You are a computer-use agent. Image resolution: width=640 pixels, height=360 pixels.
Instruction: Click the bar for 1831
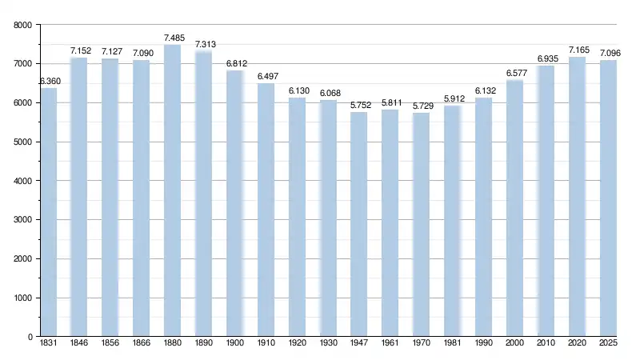48,212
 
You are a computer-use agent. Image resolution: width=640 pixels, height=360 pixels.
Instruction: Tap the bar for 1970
421,225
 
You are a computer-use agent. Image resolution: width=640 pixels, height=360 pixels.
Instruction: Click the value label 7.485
174,38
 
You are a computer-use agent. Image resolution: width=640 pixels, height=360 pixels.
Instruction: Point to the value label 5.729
422,106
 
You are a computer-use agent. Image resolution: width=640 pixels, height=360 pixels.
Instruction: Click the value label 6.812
236,64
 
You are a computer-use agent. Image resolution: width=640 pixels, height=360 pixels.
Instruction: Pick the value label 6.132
485,91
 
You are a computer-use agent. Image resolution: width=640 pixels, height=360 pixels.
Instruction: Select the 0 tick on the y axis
28,338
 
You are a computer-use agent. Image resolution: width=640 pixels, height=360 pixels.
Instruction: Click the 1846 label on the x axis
79,345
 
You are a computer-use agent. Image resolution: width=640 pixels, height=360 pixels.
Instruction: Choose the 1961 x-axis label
390,345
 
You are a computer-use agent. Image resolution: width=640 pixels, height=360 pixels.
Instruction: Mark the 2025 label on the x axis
608,345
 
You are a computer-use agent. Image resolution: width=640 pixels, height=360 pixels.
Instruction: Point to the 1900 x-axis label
234,345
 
